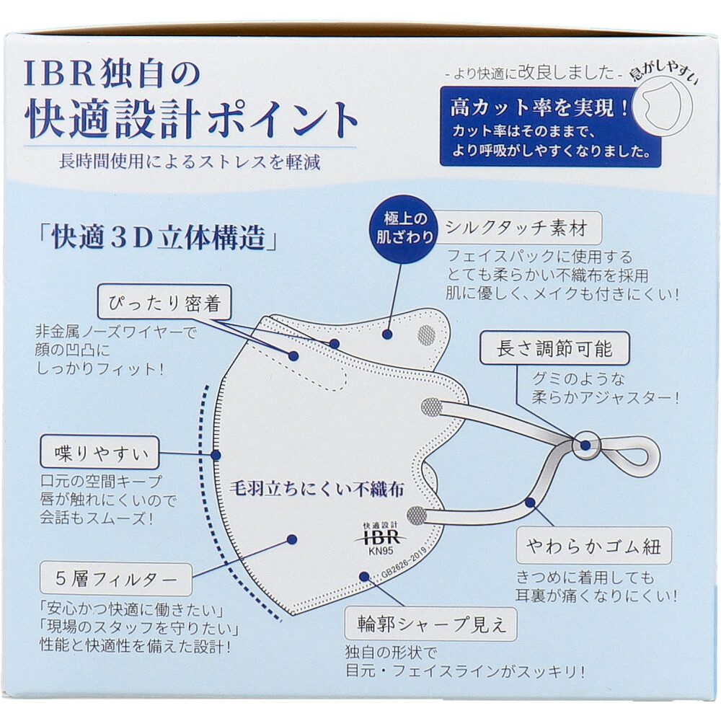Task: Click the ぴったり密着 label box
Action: tap(164, 303)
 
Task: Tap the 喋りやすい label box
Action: tap(99, 453)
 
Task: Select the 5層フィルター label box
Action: tap(115, 579)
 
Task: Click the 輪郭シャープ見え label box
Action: tap(431, 624)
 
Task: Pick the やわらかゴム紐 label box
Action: tap(593, 546)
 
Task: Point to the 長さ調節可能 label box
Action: tap(554, 348)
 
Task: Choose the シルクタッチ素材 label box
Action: tap(516, 228)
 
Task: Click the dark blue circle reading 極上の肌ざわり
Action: tap(403, 229)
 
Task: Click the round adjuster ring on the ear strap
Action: tap(585, 445)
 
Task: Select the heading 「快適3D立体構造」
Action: tap(158, 238)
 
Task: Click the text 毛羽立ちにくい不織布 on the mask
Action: tap(317, 489)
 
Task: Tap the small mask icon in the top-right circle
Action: tap(662, 107)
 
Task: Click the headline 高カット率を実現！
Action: tap(539, 107)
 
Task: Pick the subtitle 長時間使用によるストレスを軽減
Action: tap(190, 162)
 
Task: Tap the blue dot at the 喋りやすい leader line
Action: tap(216, 455)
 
